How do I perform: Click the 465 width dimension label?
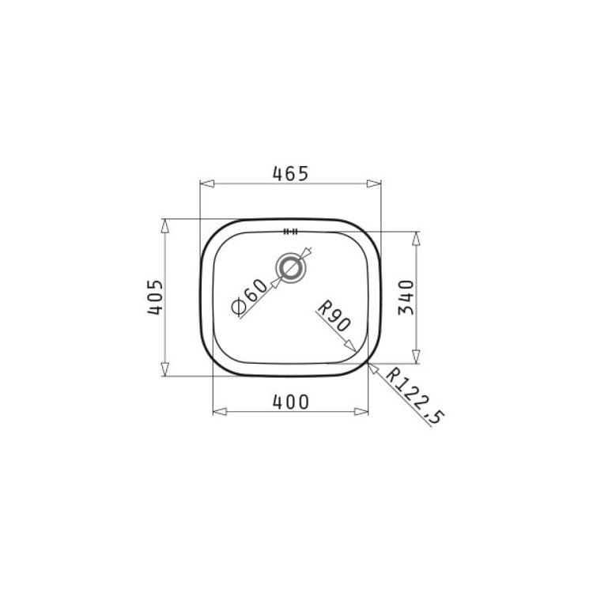(290, 174)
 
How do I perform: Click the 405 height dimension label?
(156, 296)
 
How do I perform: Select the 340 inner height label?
(406, 297)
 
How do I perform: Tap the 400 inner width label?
(290, 402)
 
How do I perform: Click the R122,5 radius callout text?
(415, 396)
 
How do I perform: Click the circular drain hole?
(290, 268)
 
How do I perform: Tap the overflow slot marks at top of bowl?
(290, 232)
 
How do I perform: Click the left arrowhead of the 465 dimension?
(207, 183)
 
